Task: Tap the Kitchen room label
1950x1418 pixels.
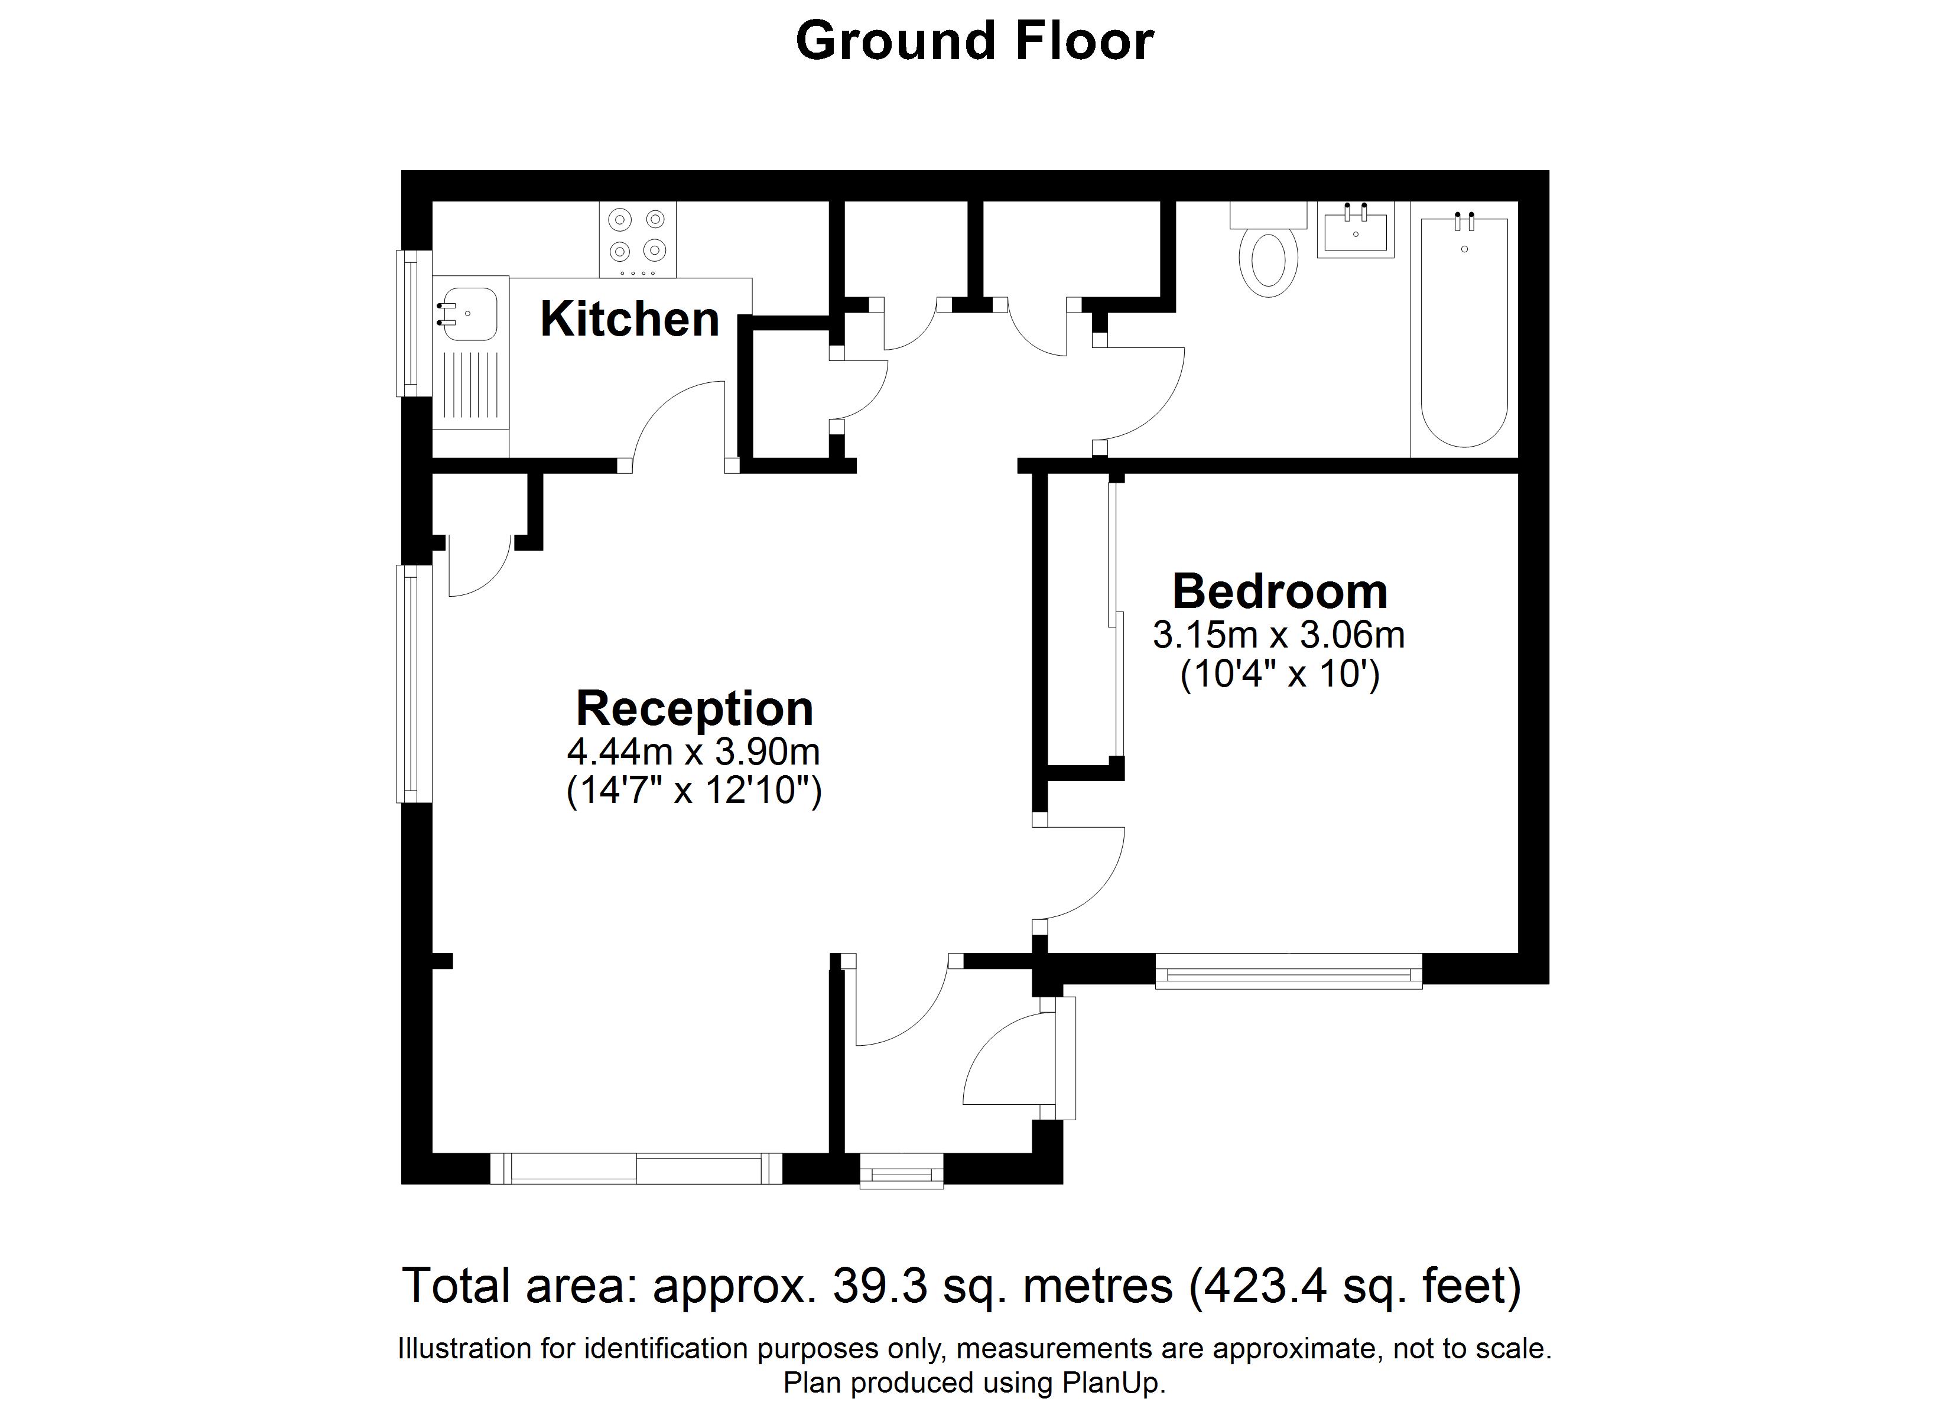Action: pos(629,319)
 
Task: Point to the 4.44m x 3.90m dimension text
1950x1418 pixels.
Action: pos(693,752)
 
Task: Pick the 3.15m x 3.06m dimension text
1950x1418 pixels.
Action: pos(1279,636)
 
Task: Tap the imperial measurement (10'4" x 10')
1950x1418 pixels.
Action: pos(1279,674)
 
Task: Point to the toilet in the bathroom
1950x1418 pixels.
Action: pos(1268,249)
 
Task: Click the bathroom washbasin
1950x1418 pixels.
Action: pos(1355,230)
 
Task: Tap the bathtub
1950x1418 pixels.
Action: pos(1464,332)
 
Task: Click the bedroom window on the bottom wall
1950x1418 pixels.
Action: pos(1288,971)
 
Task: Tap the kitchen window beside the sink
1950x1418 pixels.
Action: pos(412,323)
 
